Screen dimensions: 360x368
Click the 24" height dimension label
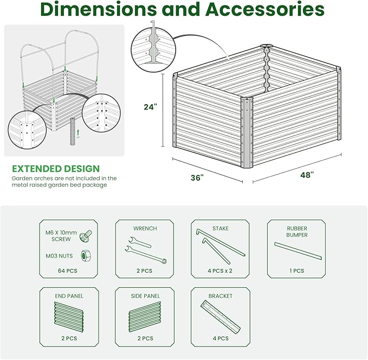click(150, 107)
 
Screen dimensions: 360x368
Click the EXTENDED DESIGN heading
click(56, 169)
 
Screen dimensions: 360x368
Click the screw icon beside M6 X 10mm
click(84, 236)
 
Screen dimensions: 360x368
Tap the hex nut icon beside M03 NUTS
click(84, 254)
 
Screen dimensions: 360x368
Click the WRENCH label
click(145, 229)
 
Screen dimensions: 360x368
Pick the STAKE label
click(221, 229)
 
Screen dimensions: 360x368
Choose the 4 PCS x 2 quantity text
click(221, 270)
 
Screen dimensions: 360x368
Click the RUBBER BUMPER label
click(297, 232)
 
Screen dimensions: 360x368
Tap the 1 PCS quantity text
click(296, 270)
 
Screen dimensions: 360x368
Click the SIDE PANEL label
click(145, 296)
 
